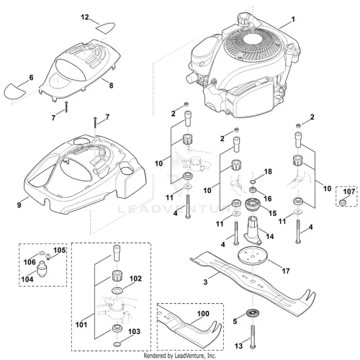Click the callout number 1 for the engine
click(x=293, y=19)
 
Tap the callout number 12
click(x=85, y=17)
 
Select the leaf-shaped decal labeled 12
click(x=106, y=27)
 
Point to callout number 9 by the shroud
click(x=19, y=205)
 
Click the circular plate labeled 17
click(x=252, y=256)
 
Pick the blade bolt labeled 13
click(x=252, y=337)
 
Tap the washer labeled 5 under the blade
click(x=253, y=314)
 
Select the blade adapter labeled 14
click(x=252, y=231)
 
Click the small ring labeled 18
click(x=252, y=181)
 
